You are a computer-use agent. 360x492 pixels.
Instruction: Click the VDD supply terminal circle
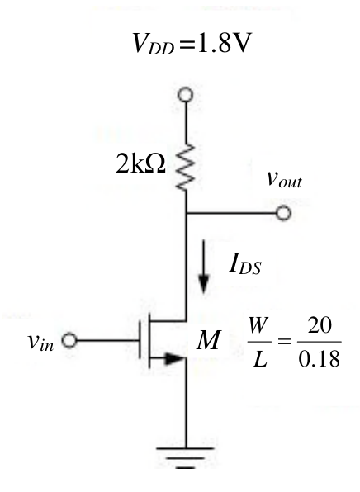pos(186,94)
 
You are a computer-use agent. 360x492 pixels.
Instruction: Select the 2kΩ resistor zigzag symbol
pos(187,168)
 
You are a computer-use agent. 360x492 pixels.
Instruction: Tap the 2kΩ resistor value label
pos(140,163)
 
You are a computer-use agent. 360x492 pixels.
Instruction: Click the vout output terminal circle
pos(284,213)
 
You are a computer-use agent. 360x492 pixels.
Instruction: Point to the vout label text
pos(284,180)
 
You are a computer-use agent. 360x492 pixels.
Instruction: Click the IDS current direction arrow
pos(204,267)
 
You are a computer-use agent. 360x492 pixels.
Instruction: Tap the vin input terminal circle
pos(69,340)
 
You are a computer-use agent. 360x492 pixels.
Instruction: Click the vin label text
pos(40,342)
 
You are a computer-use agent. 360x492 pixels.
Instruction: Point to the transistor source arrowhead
pos(174,358)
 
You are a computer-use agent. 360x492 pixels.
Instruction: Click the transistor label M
pos(209,340)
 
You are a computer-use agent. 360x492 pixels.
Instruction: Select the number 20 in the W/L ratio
pos(320,325)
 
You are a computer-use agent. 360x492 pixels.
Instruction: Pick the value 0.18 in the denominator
pos(319,359)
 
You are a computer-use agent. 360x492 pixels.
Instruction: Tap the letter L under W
pos(260,359)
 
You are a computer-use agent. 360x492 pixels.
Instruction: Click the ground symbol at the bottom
pos(186,458)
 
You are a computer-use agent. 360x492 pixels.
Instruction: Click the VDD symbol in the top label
pos(153,44)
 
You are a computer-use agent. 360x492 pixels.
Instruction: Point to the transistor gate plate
pos(140,340)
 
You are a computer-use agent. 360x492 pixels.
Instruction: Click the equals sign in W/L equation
pos(284,341)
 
